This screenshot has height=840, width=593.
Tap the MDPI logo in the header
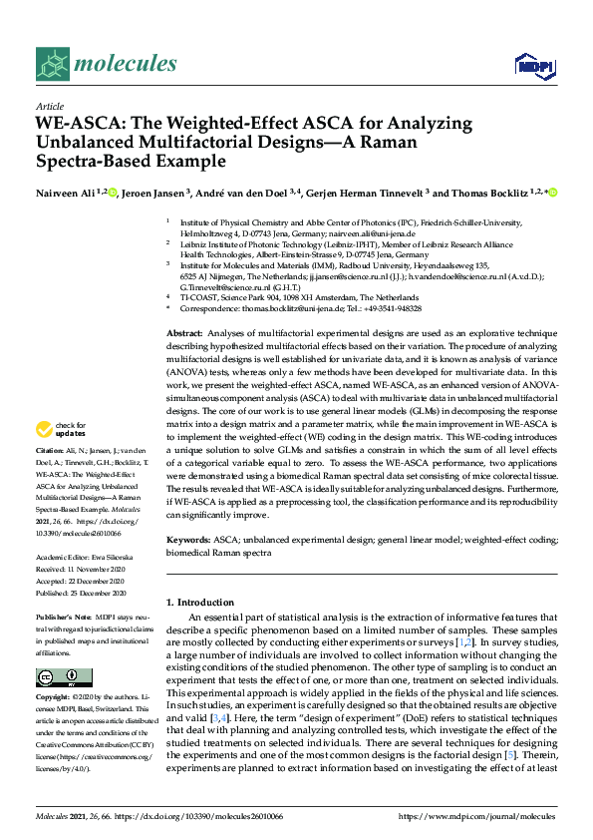(x=532, y=66)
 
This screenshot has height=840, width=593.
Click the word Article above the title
(x=49, y=105)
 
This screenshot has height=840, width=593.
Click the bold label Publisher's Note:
(x=63, y=620)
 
